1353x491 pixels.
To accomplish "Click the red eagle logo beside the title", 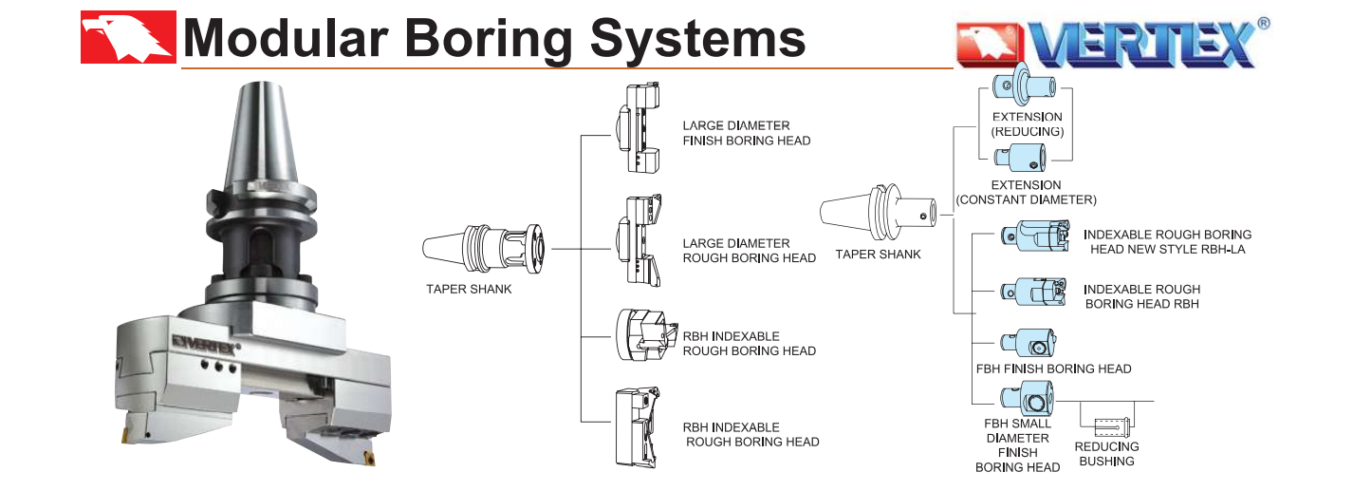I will pos(128,37).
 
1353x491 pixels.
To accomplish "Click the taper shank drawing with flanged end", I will pos(487,250).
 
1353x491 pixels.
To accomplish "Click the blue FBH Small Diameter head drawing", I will pos(1026,399).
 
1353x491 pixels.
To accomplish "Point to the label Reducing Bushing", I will pos(1106,454).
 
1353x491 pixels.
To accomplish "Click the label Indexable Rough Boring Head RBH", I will pos(1141,296).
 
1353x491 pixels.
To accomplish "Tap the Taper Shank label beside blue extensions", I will pos(878,255).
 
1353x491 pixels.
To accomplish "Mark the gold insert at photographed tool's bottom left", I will pos(126,435).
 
